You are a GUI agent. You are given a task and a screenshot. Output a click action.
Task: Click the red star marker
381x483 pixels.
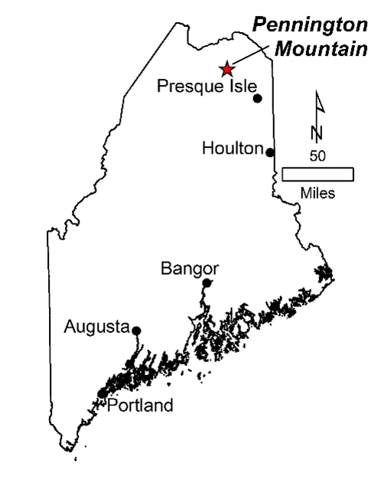click(x=226, y=69)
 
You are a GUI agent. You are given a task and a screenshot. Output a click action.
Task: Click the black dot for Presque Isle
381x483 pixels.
click(x=258, y=98)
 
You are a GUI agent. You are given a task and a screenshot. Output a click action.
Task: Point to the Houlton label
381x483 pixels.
click(x=233, y=148)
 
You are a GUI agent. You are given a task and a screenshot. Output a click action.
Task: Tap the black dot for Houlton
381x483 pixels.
click(x=270, y=152)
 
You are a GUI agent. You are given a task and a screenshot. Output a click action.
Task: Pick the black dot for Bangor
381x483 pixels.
click(x=207, y=282)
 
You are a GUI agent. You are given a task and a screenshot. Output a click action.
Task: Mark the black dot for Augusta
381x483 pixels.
click(x=136, y=331)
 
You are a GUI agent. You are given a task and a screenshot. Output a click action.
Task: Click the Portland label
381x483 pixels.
click(x=140, y=405)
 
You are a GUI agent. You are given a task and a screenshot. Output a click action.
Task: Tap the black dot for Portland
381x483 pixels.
click(x=103, y=393)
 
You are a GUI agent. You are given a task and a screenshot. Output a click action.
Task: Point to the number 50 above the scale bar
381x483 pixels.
click(x=317, y=155)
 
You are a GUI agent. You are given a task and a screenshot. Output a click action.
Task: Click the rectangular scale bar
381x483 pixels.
click(x=317, y=174)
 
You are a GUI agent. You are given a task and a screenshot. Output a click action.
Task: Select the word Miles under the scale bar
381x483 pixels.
click(x=317, y=193)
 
